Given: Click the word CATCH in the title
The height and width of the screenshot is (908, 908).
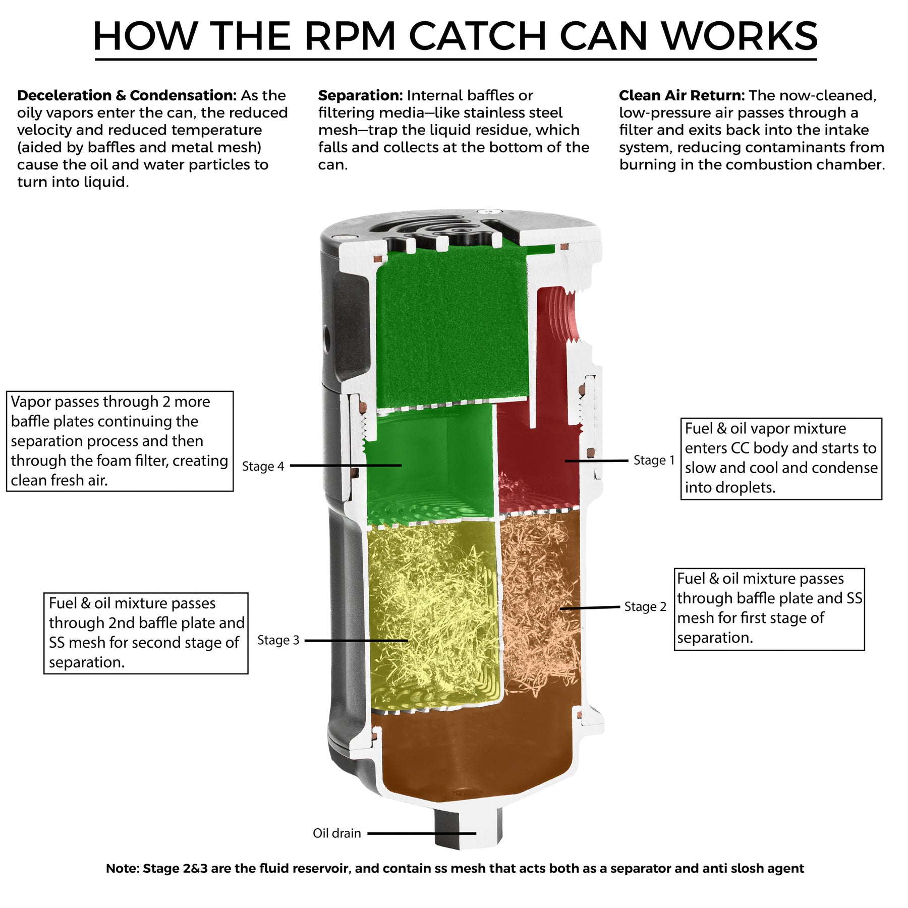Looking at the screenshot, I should coord(477,36).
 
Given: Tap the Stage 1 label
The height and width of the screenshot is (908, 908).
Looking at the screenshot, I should coord(654,460).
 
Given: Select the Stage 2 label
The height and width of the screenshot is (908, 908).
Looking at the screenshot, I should coord(645,606).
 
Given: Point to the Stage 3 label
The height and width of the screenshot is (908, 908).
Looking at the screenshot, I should coord(278,640).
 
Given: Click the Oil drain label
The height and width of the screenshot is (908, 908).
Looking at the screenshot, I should coord(336,833).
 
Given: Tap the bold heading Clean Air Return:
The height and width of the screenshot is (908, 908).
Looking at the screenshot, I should coord(682,95).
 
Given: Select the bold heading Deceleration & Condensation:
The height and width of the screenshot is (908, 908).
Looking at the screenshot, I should coord(127,95).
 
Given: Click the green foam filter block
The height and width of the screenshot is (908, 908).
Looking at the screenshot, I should coord(451,328).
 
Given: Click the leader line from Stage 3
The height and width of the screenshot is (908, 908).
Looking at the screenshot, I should coord(356,641).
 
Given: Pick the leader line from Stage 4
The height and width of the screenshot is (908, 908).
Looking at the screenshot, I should coord(346,466).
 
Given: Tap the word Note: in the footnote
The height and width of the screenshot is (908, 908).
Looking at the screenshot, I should coord(122,868).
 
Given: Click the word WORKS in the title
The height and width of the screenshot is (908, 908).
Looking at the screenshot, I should coord(740,36).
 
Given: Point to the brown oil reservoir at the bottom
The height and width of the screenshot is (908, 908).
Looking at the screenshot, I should coord(474,757).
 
